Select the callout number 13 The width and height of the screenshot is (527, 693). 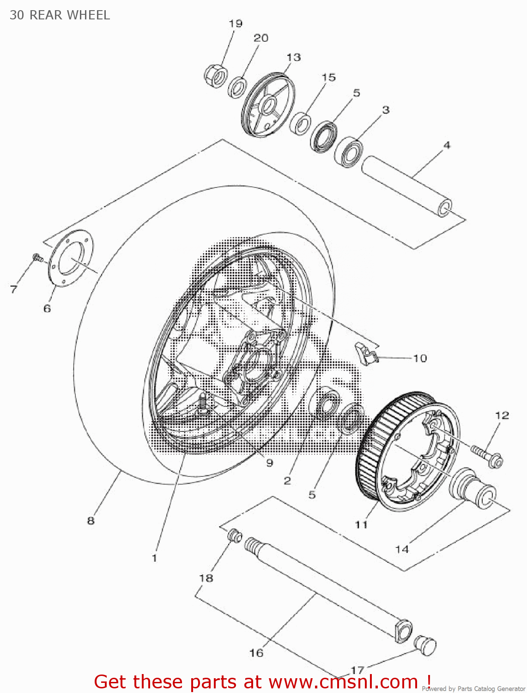pyautogui.click(x=293, y=57)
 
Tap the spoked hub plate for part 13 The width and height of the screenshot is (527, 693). pyautogui.click(x=267, y=106)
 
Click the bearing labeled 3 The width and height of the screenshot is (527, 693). pyautogui.click(x=349, y=151)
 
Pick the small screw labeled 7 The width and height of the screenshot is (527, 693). pyautogui.click(x=37, y=257)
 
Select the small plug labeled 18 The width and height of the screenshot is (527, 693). pyautogui.click(x=236, y=536)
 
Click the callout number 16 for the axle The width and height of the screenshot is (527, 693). pyautogui.click(x=256, y=652)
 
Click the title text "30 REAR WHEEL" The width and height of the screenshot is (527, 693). pyautogui.click(x=60, y=15)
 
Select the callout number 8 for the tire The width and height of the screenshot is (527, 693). pyautogui.click(x=91, y=520)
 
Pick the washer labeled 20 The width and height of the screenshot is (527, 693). pyautogui.click(x=237, y=87)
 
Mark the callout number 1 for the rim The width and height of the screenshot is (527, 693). pyautogui.click(x=154, y=558)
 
